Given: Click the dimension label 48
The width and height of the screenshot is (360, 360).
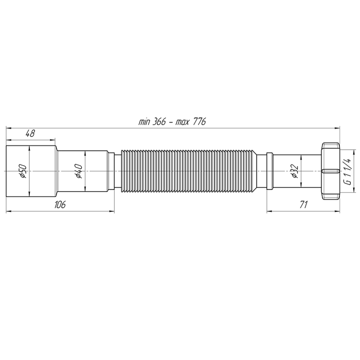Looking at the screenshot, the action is (30, 133).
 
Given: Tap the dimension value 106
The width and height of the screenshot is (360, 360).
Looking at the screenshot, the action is (60, 204).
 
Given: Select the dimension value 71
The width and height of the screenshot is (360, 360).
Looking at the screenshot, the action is (303, 204).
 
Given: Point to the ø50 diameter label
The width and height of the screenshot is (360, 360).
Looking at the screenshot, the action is (24, 171).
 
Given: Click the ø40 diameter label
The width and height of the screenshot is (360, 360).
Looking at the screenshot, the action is (79, 171).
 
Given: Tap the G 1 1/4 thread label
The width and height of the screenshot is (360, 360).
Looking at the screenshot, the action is (348, 171).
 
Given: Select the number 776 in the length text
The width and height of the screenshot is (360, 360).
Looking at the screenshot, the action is (199, 121).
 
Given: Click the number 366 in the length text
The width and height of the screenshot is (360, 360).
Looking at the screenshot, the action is (159, 121).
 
